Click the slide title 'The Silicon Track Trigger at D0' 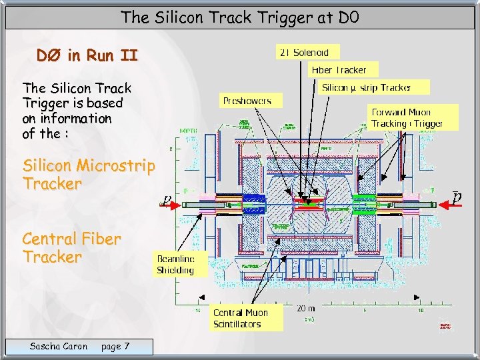pos(239,17)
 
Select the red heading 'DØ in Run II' pos(87,56)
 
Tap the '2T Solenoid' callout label pos(307,52)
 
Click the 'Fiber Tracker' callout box pos(339,69)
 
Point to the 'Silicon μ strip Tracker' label pos(366,87)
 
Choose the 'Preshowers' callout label pos(247,101)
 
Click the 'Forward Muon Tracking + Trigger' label pos(407,118)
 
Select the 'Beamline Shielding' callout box pos(175,265)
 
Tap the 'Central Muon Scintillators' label pos(241,319)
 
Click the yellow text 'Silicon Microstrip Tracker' pos(89,174)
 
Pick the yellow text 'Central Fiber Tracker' pos(71,247)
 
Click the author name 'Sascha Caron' pos(59,346)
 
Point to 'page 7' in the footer pos(115,346)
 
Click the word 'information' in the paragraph pos(76,119)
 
